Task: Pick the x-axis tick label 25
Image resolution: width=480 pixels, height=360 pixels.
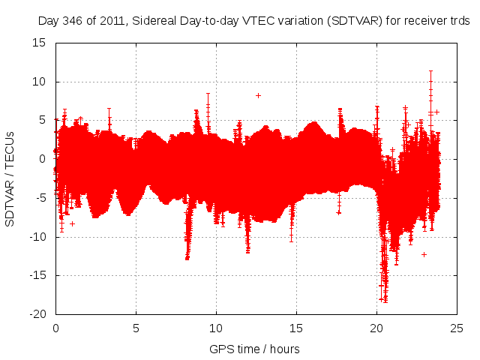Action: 457,328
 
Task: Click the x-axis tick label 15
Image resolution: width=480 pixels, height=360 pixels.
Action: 296,328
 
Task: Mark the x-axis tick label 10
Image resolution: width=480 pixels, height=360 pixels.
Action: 216,328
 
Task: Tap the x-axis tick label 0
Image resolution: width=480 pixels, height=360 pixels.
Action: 55,328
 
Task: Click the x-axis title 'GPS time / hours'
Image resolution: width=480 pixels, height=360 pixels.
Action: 255,349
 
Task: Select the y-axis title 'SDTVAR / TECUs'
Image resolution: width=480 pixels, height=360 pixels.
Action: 10,178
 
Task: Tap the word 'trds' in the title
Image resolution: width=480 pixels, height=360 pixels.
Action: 459,22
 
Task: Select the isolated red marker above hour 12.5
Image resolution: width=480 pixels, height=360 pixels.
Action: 258,95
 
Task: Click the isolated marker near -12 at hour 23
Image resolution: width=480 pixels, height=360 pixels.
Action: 424,254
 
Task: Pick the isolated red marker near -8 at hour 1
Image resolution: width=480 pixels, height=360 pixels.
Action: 72,223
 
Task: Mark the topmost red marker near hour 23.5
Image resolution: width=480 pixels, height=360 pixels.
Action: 430,71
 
